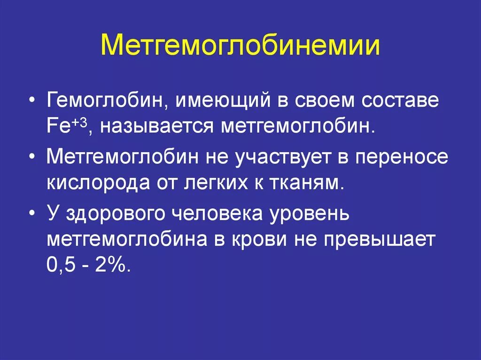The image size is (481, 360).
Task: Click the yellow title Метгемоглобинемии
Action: coord(240,46)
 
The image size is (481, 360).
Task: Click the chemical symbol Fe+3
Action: coord(65,127)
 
